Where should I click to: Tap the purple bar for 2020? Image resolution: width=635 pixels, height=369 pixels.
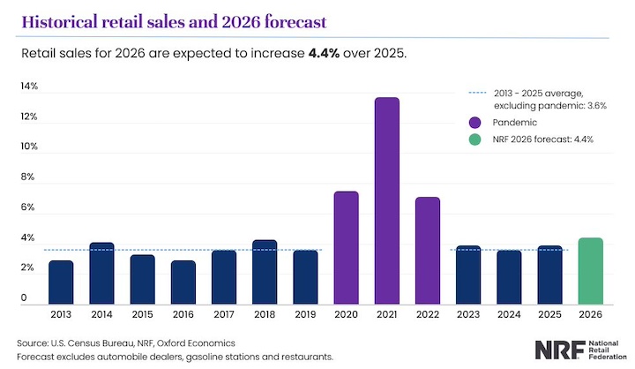[346, 248]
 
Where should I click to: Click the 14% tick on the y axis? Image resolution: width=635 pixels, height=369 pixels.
[29, 87]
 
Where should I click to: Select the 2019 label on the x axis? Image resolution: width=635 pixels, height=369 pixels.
[305, 313]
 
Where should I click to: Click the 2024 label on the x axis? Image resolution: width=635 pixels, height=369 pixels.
[509, 313]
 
